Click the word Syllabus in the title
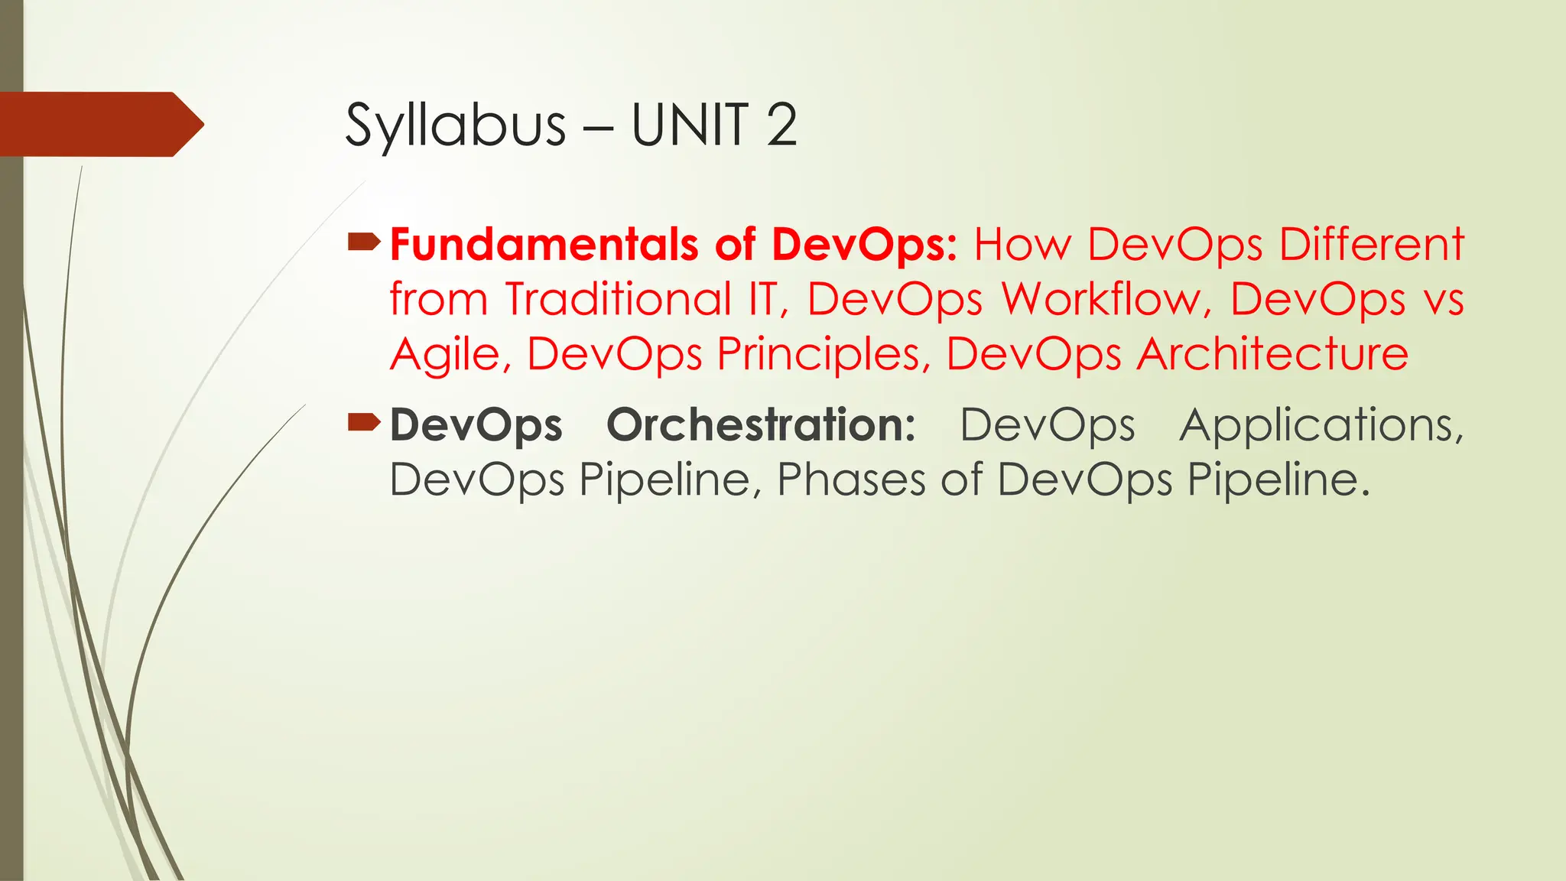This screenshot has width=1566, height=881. [x=455, y=125]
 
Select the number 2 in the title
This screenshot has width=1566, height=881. [x=781, y=125]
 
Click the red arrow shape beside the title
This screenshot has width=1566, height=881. [x=99, y=124]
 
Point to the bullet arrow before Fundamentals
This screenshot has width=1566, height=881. [x=364, y=243]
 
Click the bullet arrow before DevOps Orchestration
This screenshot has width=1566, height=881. [x=364, y=422]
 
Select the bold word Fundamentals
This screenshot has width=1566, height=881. [x=544, y=245]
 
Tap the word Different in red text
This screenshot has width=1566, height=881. [x=1372, y=245]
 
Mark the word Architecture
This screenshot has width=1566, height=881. [x=1272, y=353]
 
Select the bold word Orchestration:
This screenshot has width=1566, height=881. [x=761, y=424]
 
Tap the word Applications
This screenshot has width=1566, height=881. [x=1321, y=424]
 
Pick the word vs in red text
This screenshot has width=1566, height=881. [x=1444, y=299]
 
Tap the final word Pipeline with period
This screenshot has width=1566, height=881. [x=1278, y=480]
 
